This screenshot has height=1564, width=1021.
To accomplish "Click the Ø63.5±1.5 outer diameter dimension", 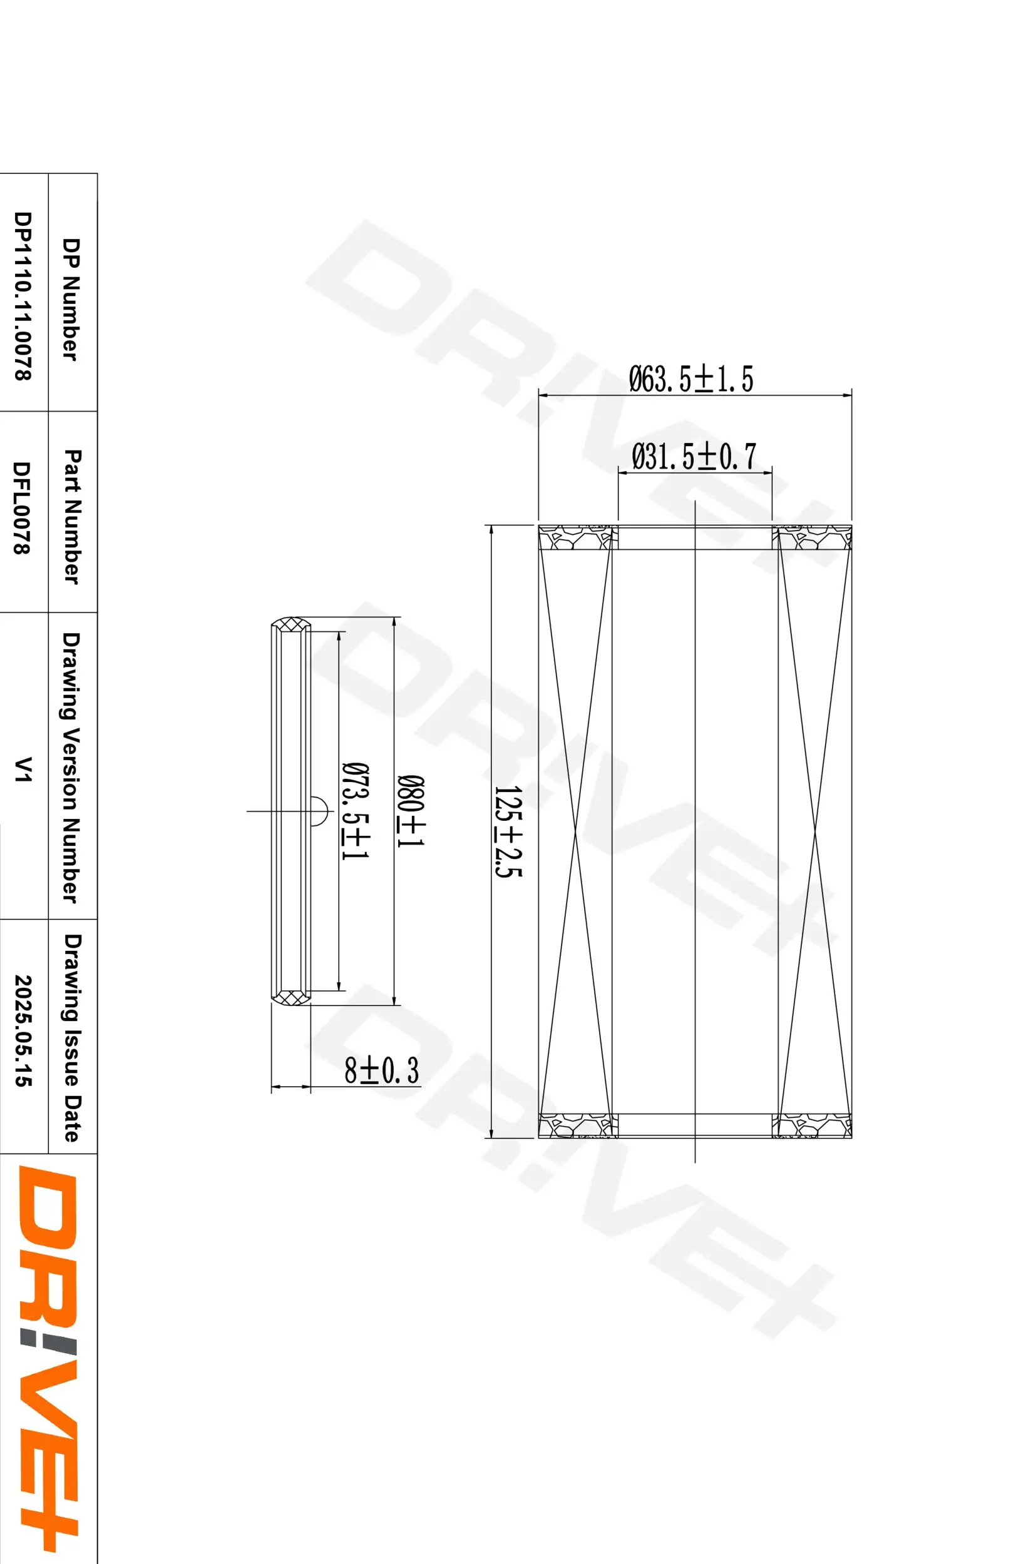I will pos(691,379).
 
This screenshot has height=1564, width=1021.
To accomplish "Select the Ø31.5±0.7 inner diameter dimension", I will pos(694,457).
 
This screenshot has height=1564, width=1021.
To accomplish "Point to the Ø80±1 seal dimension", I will pos(411,811).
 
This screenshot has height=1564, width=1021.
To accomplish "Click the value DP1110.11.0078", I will pos(23,296).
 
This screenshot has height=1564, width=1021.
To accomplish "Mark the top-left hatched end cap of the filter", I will pos(578,537).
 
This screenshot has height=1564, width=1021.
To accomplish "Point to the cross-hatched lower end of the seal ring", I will pos(291,998).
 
